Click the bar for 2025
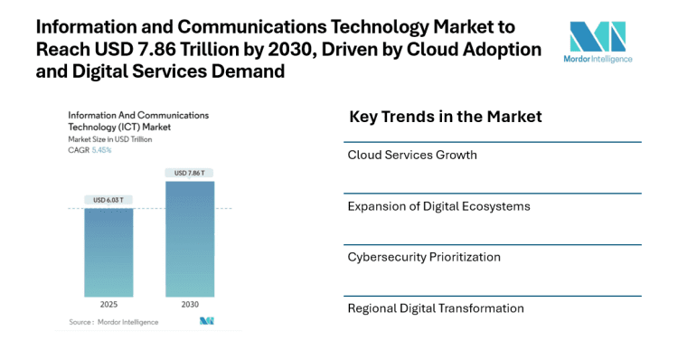(x=108, y=252)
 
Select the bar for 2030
(x=190, y=239)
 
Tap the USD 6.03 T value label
(x=108, y=200)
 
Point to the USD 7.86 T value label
(x=190, y=173)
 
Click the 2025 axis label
(x=108, y=305)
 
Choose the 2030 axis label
(x=190, y=305)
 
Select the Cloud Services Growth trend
(x=412, y=155)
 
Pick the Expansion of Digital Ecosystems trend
(x=438, y=206)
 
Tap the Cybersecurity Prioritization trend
(x=424, y=257)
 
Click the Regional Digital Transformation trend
(x=436, y=308)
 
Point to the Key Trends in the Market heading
(x=445, y=117)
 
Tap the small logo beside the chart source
(x=206, y=321)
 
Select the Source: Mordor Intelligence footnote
(x=114, y=322)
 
